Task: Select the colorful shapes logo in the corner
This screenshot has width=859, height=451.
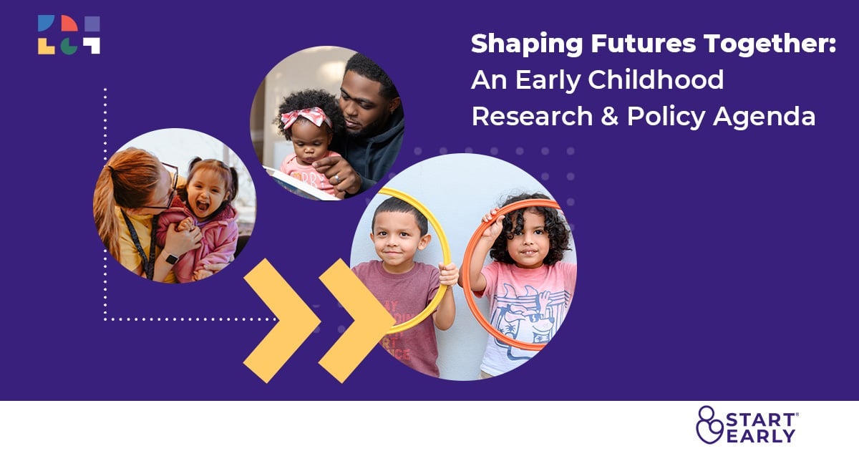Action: (69, 35)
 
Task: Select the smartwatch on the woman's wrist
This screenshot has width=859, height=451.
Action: (172, 257)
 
